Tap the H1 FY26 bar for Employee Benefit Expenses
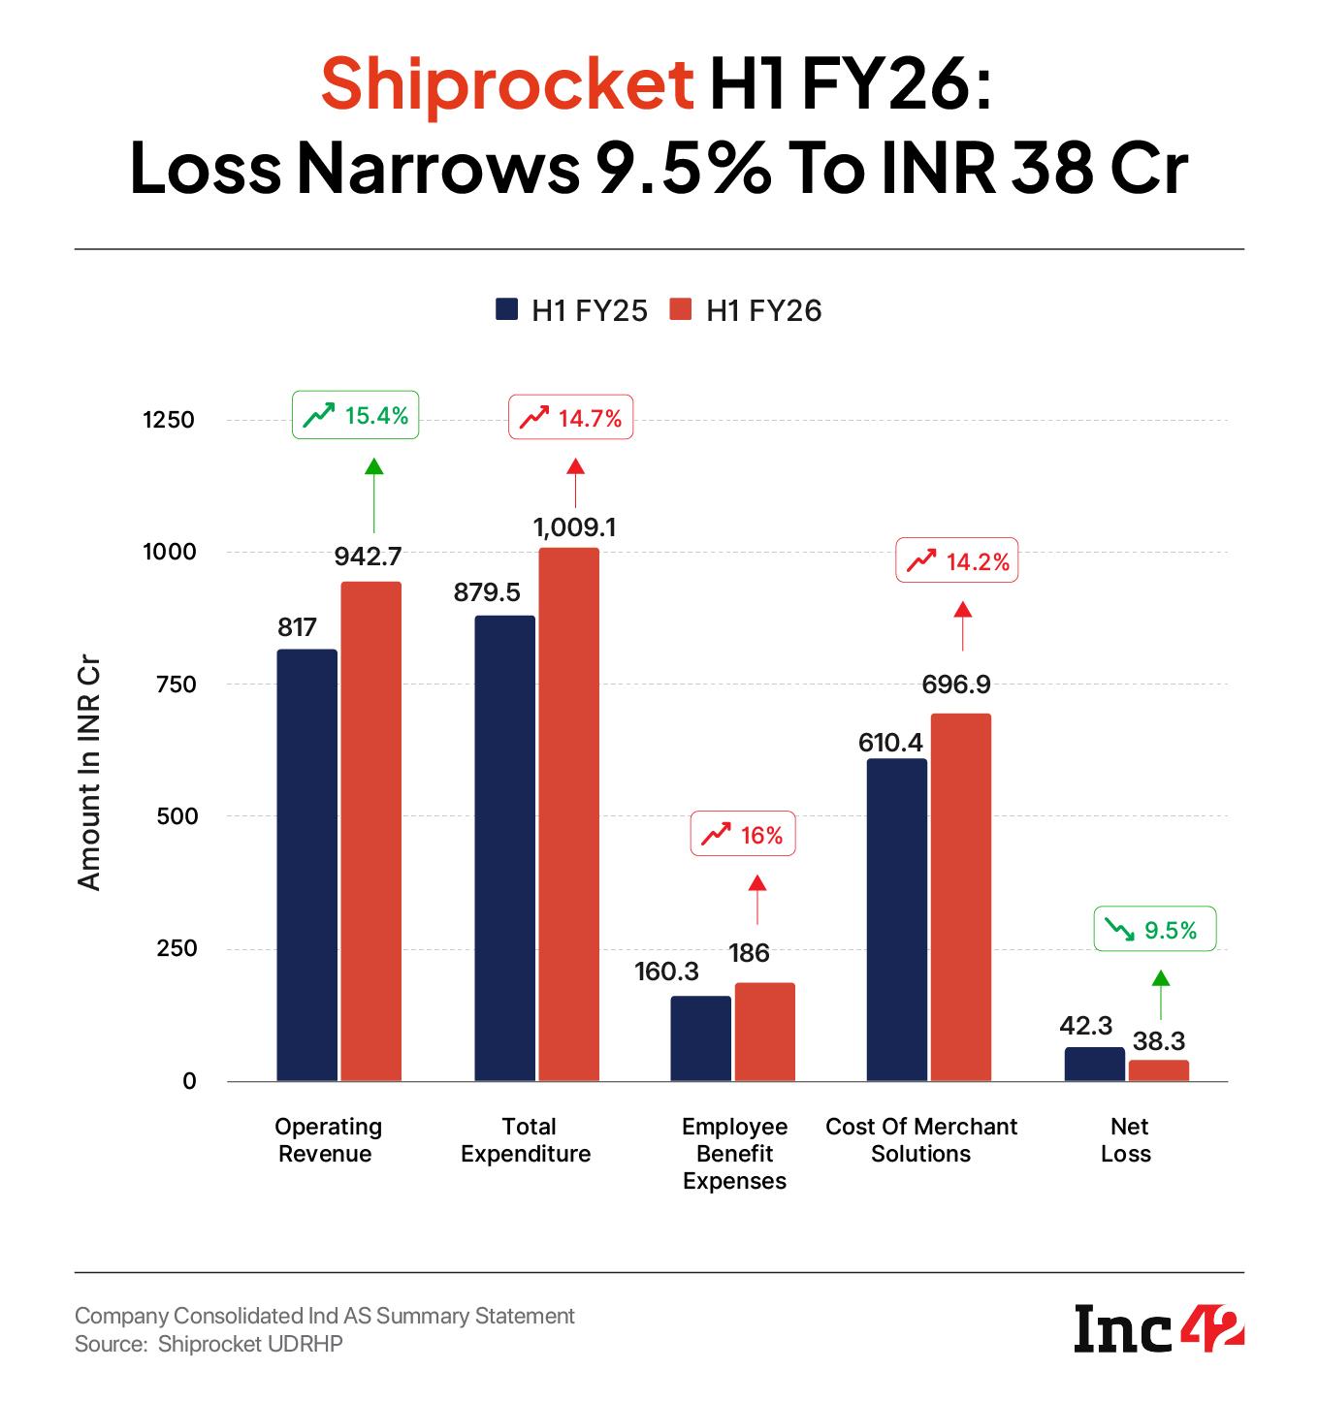[x=764, y=1032]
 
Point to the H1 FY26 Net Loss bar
[x=1158, y=1070]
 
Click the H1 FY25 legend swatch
[x=507, y=309]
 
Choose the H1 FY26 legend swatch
[x=682, y=309]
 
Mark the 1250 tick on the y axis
[x=169, y=420]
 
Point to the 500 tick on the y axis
[x=176, y=816]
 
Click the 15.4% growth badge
[x=356, y=417]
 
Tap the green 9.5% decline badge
[x=1155, y=930]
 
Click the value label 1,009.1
[x=575, y=527]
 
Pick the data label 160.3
[x=666, y=971]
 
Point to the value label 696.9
[x=956, y=685]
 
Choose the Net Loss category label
[x=1127, y=1140]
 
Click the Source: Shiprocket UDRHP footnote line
[x=209, y=1344]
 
